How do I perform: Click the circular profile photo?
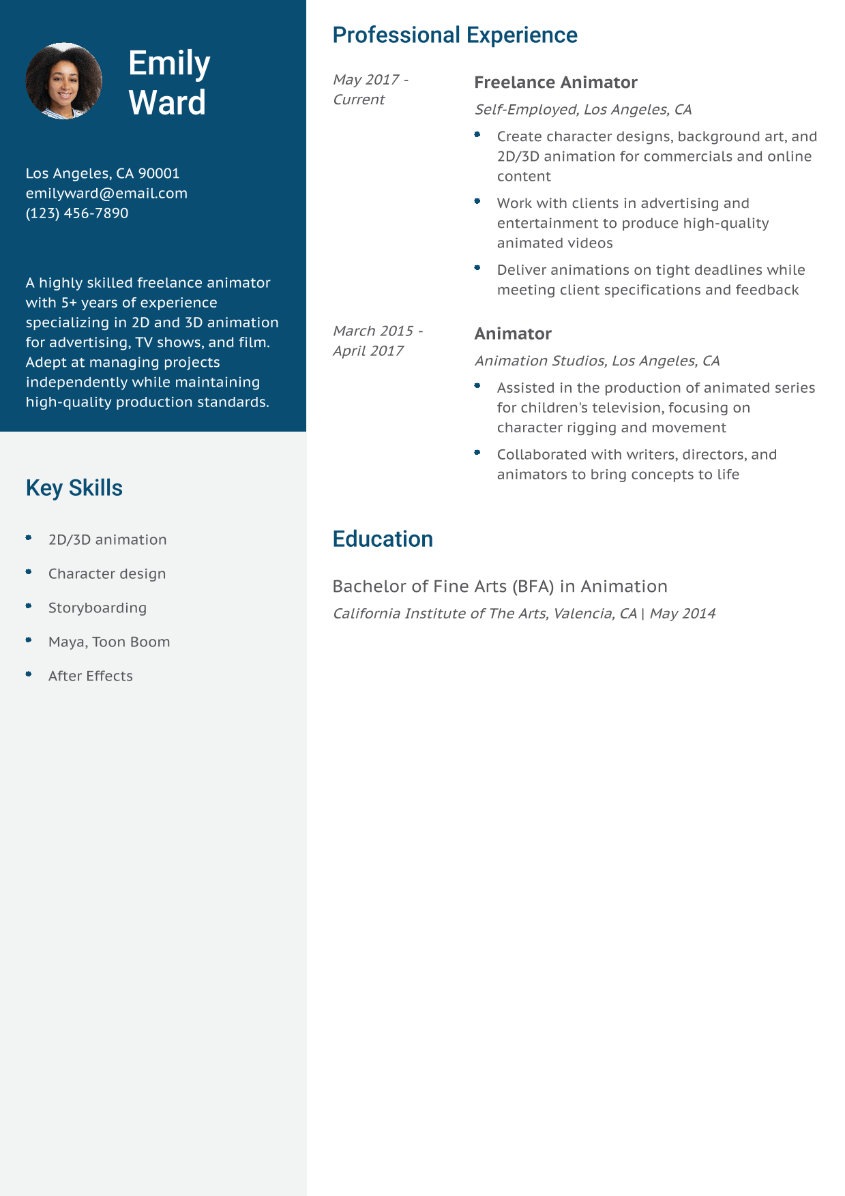[x=64, y=81]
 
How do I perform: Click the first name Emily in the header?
[x=169, y=63]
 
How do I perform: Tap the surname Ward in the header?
[x=167, y=103]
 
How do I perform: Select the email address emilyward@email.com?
[x=106, y=193]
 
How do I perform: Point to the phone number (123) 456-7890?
[x=77, y=213]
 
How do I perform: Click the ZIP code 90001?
[x=159, y=173]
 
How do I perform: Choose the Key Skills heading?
[x=74, y=488]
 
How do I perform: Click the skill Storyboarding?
[x=98, y=608]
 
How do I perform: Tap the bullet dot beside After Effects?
[x=29, y=674]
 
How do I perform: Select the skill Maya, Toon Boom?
[x=109, y=642]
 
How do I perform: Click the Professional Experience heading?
[x=455, y=35]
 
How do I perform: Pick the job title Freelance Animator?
[x=556, y=83]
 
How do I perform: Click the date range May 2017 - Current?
[x=370, y=89]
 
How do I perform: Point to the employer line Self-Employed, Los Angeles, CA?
[x=583, y=109]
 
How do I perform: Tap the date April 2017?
[x=368, y=350]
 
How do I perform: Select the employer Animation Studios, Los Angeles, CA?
[x=597, y=361]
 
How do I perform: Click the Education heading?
[x=383, y=539]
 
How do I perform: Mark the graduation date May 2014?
[x=683, y=613]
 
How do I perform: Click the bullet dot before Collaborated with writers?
[x=477, y=453]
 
